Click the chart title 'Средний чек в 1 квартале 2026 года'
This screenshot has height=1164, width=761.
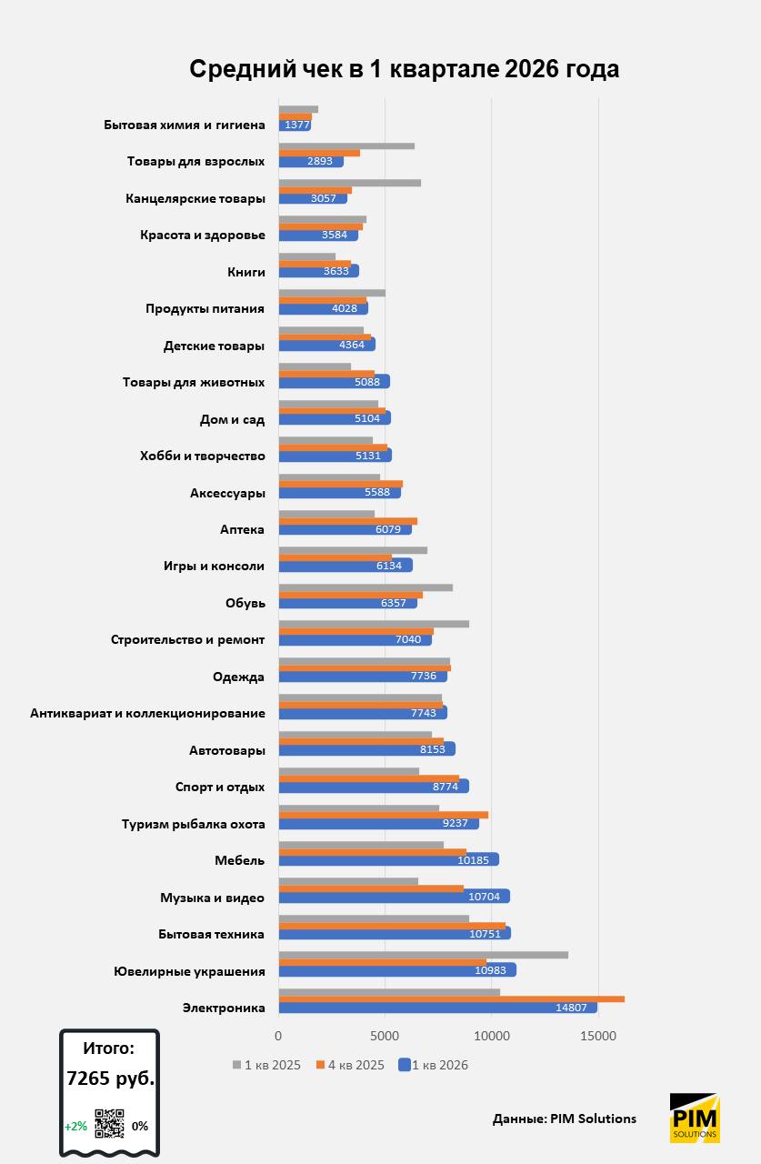tap(404, 69)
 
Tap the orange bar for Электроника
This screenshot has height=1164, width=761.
tap(451, 998)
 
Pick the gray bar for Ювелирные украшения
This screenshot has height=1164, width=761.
tap(423, 955)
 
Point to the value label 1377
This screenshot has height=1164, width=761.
tap(297, 125)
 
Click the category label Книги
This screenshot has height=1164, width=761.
tap(245, 272)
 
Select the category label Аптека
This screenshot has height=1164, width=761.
tap(242, 529)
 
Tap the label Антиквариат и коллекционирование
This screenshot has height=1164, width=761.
tap(147, 713)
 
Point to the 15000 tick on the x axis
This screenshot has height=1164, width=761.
tap(598, 1035)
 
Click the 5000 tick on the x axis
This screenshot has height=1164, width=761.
tap(385, 1035)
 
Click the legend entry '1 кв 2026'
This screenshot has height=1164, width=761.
tap(439, 1065)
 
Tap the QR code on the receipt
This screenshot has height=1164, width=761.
tap(109, 1124)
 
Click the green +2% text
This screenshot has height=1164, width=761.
tap(75, 1126)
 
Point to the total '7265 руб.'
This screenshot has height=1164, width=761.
tap(110, 1079)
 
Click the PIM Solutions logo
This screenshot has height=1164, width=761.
tap(695, 1118)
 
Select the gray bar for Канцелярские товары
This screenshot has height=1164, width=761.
tap(349, 183)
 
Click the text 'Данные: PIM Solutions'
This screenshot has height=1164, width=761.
tap(564, 1119)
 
